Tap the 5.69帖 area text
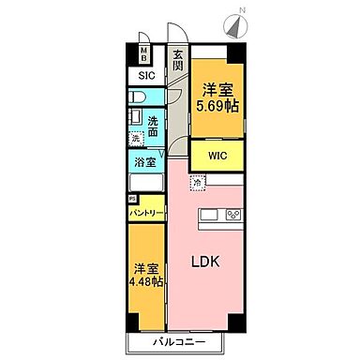tap(217, 106)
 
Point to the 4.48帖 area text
tap(145, 280)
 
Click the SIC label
tap(146, 75)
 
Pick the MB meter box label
tap(144, 53)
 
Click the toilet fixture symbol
tap(137, 97)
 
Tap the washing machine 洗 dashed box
tap(135, 139)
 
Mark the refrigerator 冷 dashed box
tap(197, 183)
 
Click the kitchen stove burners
tap(232, 217)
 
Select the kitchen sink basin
tap(208, 217)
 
